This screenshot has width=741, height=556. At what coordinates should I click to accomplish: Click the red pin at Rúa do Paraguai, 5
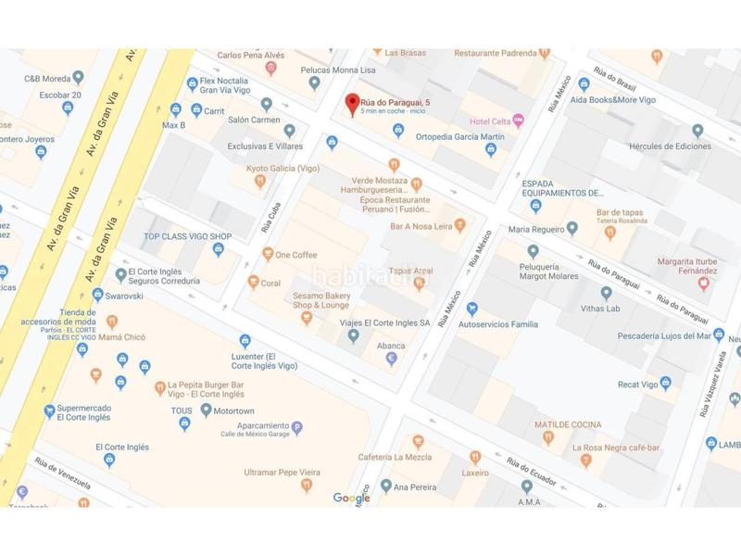pos(351,104)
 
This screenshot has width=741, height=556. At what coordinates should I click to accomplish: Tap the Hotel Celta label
pos(489,121)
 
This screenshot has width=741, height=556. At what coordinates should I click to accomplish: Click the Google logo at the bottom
pos(352,499)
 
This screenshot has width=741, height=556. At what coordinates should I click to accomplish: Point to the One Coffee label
pos(295,255)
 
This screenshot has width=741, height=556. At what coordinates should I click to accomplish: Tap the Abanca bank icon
pos(391,359)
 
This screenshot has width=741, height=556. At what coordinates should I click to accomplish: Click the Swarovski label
pos(129,296)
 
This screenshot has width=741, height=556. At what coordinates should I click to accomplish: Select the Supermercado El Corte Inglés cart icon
pos(48,411)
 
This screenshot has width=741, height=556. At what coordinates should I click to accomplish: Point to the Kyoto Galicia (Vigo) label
pos(282,169)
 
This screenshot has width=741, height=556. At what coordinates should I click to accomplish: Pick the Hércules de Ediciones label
pos(670,146)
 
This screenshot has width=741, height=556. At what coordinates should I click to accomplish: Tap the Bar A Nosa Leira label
pos(422,225)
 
